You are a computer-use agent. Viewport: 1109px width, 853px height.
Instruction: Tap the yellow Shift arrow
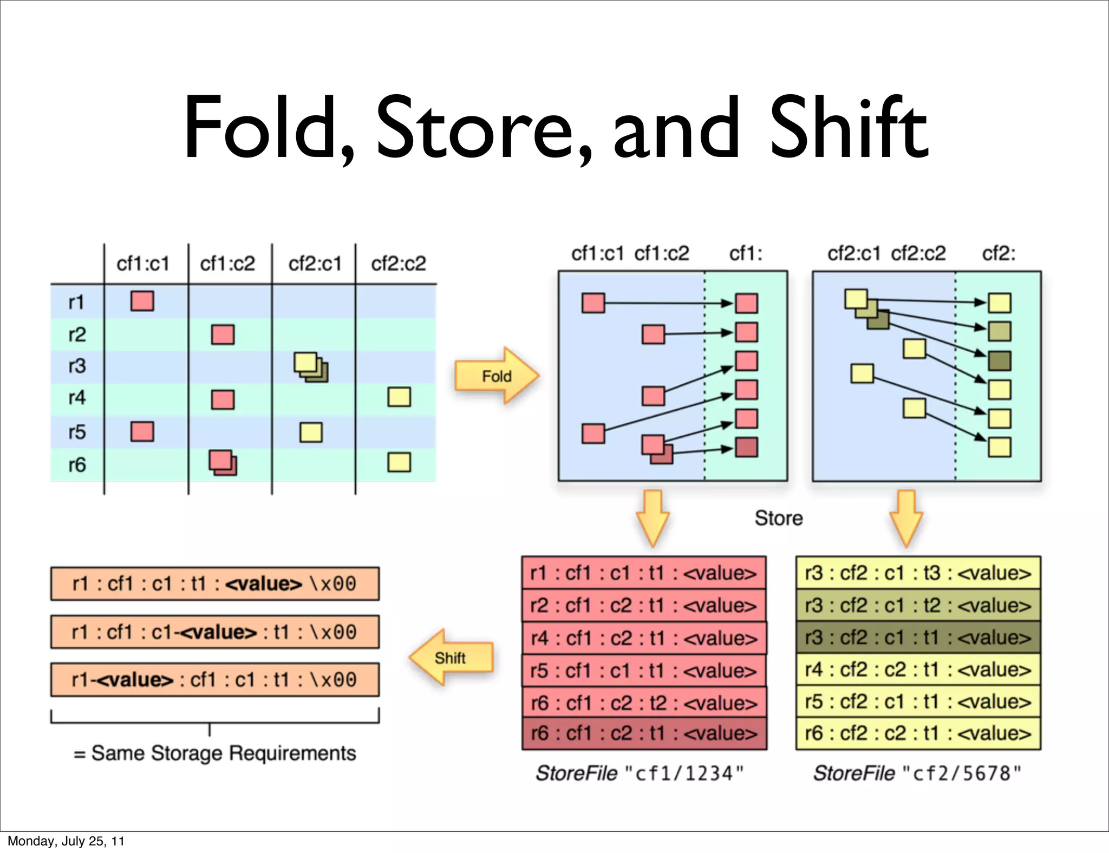pos(451,658)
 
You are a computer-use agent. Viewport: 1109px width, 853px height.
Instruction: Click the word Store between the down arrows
pos(778,518)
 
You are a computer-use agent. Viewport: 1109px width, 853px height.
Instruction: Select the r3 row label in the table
pos(77,366)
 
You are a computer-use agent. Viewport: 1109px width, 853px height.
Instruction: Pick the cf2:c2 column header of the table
pos(398,264)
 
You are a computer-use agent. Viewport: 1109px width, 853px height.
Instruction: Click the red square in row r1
pos(142,301)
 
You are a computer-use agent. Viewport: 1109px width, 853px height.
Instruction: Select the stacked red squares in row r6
pos(223,463)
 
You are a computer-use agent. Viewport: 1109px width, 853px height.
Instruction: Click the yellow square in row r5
pos(311,432)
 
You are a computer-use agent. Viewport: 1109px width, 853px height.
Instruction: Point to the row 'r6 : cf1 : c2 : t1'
pos(644,733)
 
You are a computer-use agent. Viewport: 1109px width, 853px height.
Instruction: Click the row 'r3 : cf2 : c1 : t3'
pos(918,573)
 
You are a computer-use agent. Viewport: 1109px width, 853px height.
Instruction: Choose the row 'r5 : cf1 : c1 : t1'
pos(644,671)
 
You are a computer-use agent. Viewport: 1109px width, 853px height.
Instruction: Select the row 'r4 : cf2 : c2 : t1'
pos(918,670)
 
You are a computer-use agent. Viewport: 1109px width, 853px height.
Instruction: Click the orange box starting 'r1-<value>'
pos(214,679)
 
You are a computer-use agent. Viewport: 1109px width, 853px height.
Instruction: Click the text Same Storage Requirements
pos(223,753)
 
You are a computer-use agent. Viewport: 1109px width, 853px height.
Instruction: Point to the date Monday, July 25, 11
pos(66,841)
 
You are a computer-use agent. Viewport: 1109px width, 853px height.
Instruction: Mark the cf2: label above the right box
pos(999,253)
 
